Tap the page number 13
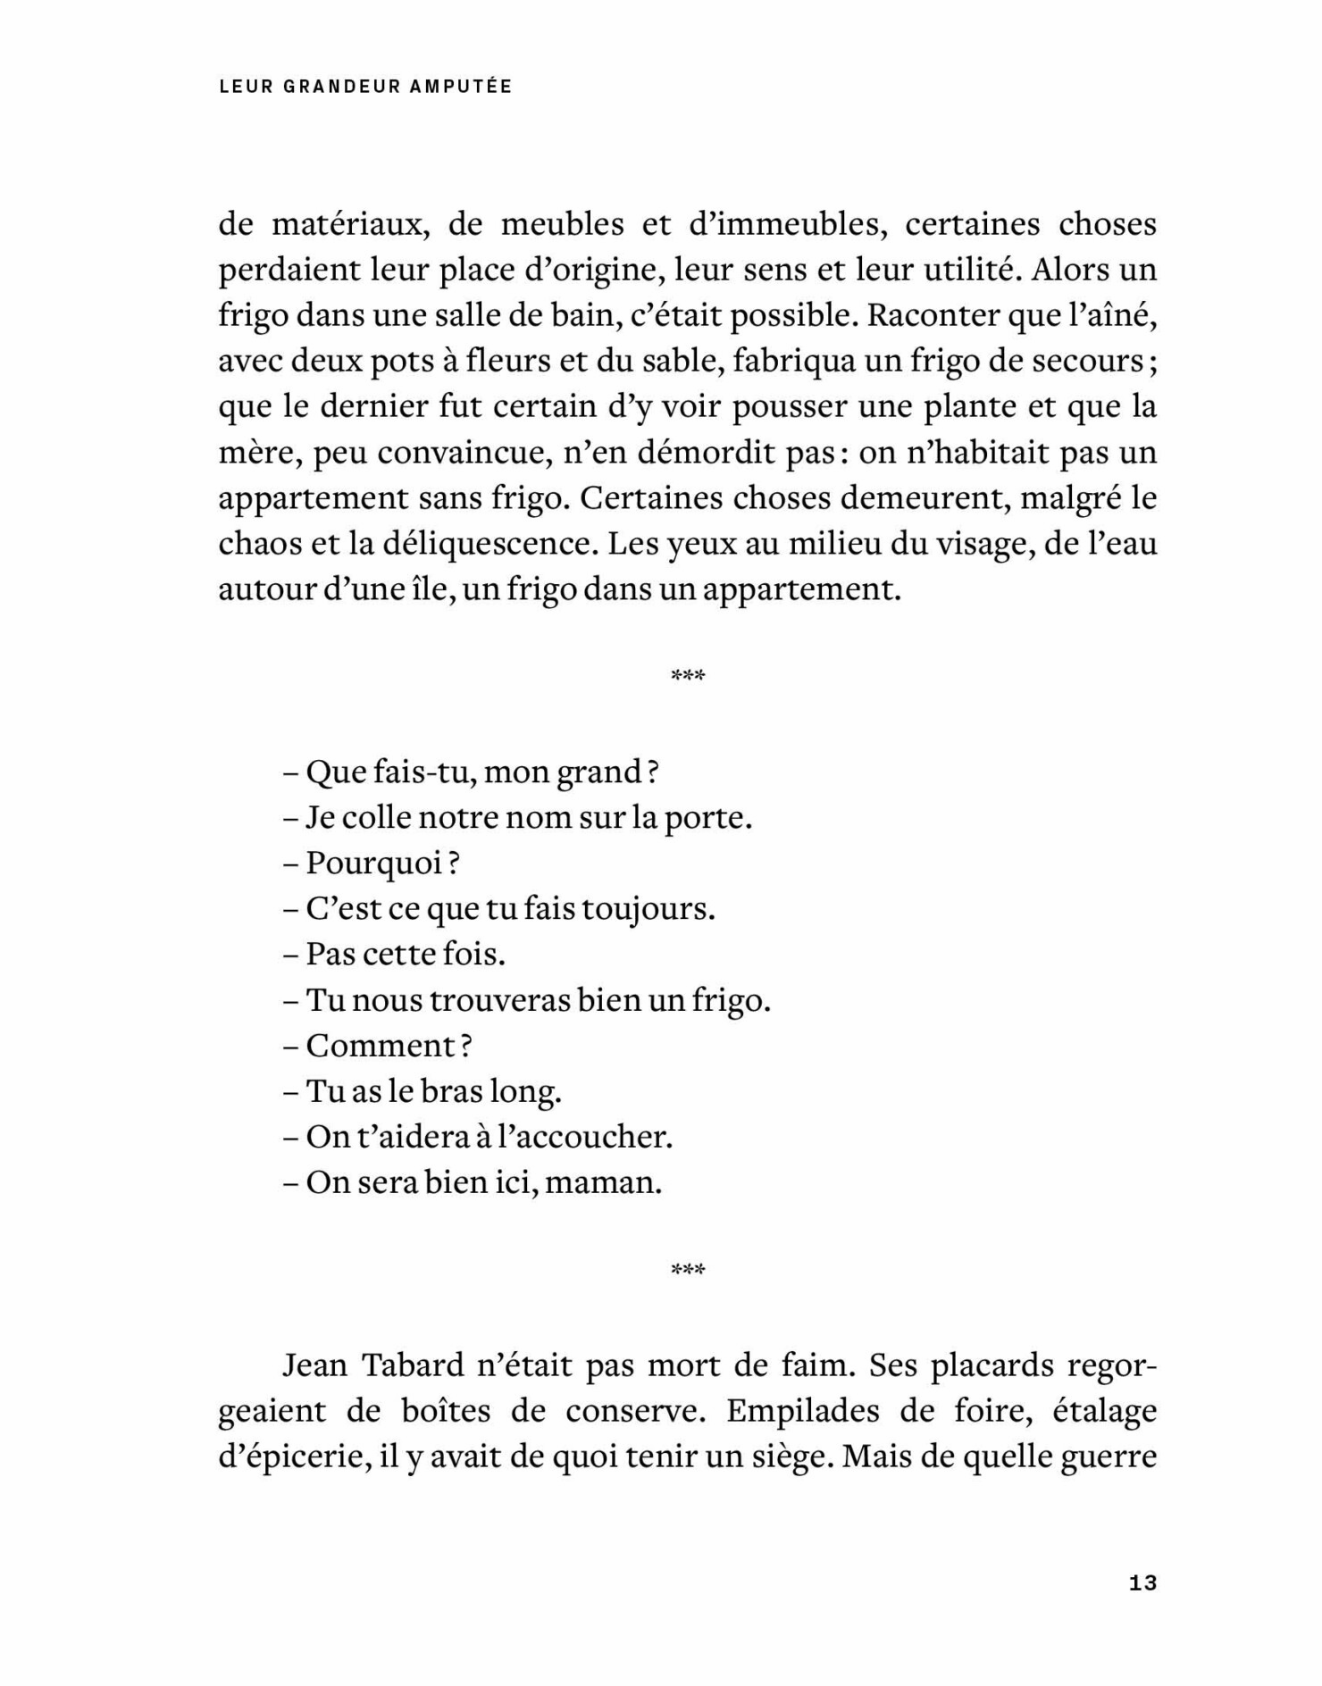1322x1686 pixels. [1142, 1583]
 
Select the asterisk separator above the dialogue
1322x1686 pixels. [688, 676]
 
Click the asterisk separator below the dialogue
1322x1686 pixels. [688, 1270]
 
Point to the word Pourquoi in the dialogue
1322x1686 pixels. [374, 864]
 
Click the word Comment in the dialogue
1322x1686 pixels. [381, 1046]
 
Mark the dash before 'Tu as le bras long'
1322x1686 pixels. [290, 1092]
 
